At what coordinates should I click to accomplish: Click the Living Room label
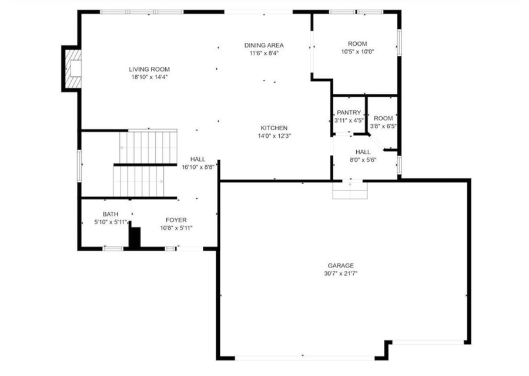click(x=149, y=69)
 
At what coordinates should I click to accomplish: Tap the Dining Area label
click(x=264, y=45)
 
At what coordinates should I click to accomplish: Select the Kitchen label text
click(x=274, y=128)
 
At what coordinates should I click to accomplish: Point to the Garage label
click(x=341, y=265)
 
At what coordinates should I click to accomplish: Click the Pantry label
click(x=349, y=113)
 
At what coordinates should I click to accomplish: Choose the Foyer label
click(x=176, y=221)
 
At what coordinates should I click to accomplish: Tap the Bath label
click(x=111, y=214)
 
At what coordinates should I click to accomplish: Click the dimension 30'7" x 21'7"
click(x=341, y=273)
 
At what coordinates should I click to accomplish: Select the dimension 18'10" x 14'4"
click(x=149, y=77)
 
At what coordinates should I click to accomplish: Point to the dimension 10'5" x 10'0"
click(x=357, y=52)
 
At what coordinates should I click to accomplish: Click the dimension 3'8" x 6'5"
click(x=383, y=126)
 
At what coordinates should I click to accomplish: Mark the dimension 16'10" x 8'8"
click(x=197, y=167)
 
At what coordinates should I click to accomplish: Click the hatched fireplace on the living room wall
click(x=73, y=69)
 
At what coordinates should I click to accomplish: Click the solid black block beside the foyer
click(x=135, y=238)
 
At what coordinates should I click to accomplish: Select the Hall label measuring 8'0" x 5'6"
click(x=363, y=151)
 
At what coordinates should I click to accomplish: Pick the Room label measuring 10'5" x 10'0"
click(x=357, y=44)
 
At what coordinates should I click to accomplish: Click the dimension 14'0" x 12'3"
click(x=274, y=136)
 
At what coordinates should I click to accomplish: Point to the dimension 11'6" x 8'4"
click(x=264, y=53)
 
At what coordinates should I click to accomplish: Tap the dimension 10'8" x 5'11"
click(x=176, y=228)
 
